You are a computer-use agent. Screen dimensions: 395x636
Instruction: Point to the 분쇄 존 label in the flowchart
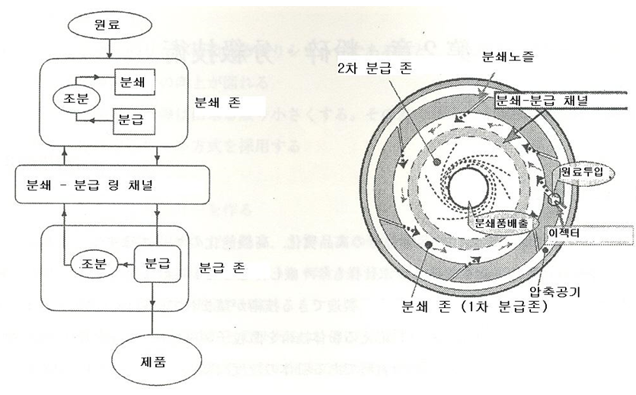216,101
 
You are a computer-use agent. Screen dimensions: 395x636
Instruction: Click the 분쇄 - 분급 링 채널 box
113,185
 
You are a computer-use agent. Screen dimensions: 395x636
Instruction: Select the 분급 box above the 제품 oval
155,265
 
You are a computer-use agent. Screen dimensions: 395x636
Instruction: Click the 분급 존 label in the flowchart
219,268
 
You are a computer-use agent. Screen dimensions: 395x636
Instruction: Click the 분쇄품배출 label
499,226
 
